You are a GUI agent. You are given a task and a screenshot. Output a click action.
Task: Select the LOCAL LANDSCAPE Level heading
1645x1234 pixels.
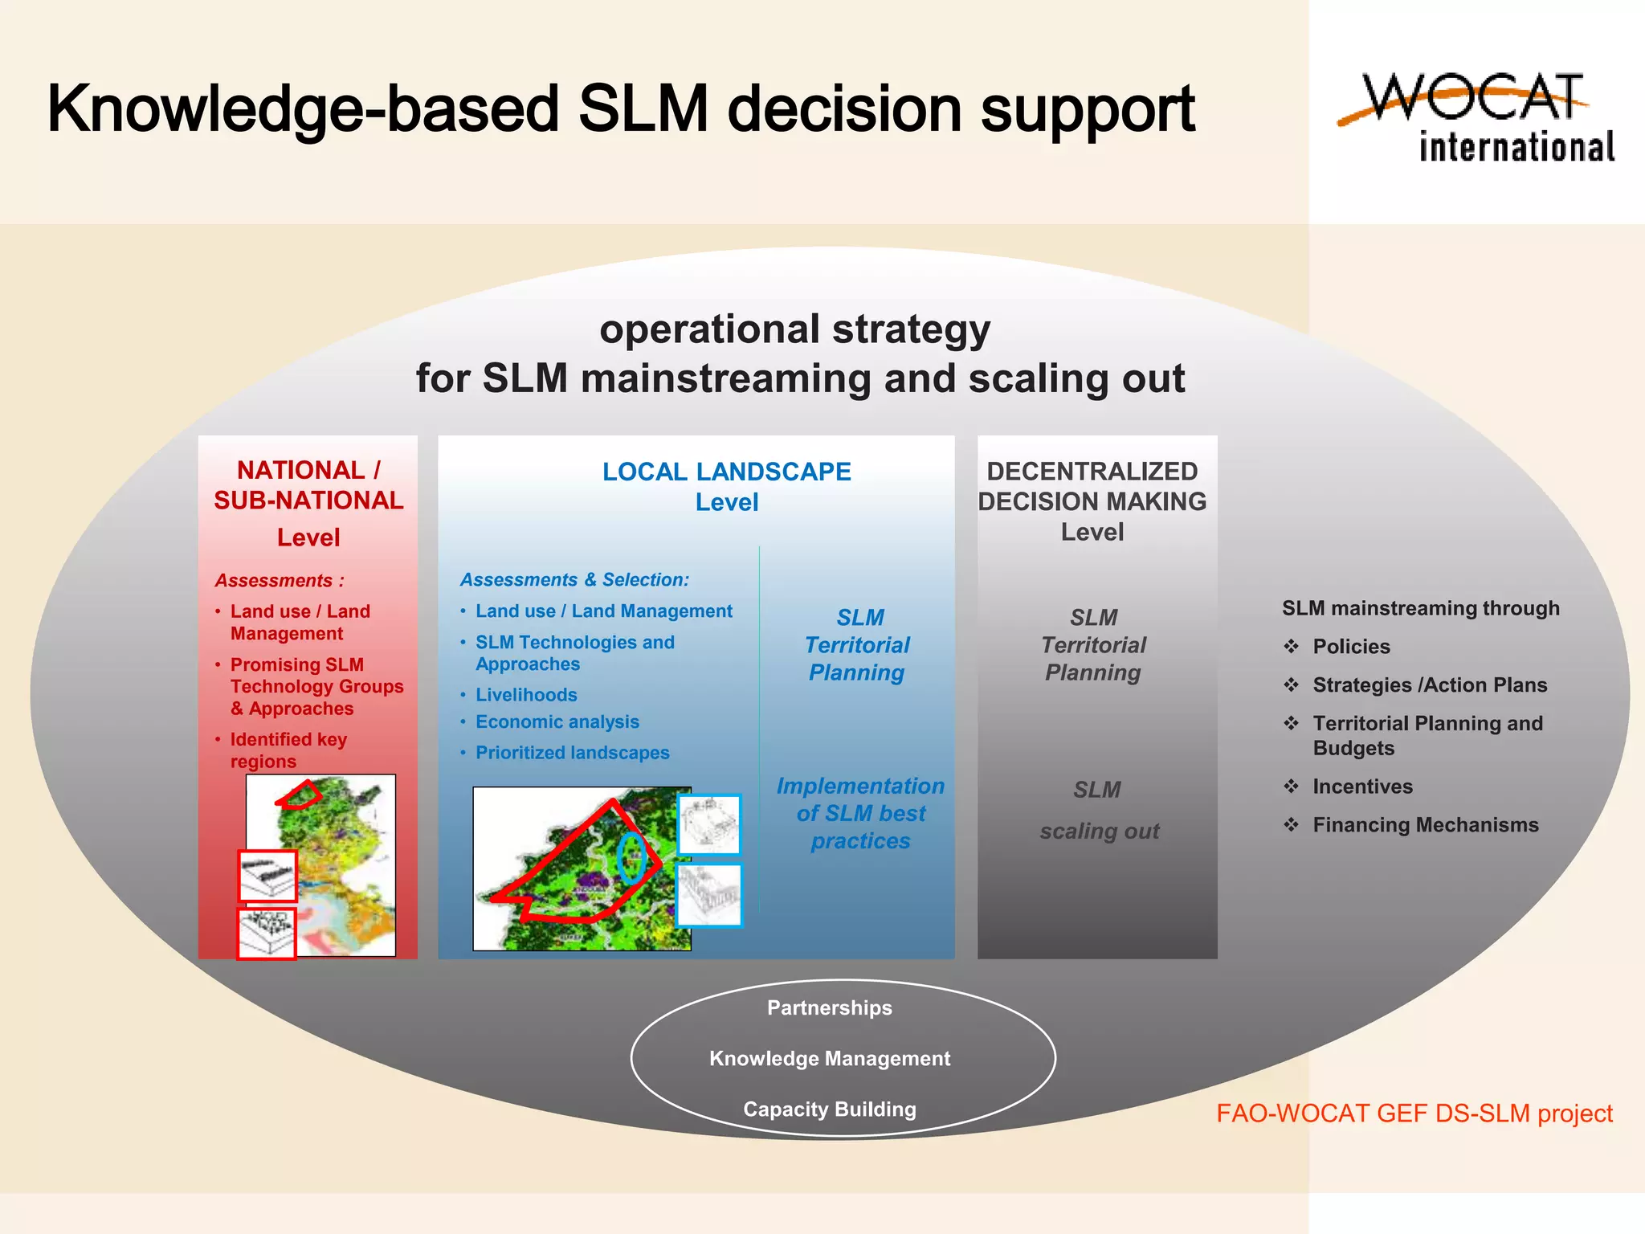coord(726,486)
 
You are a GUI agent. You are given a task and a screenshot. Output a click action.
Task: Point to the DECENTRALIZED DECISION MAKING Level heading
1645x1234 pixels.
coord(1092,501)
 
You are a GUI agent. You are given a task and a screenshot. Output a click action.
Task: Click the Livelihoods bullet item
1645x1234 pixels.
coord(526,695)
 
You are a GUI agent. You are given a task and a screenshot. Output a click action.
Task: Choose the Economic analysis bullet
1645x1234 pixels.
coord(557,722)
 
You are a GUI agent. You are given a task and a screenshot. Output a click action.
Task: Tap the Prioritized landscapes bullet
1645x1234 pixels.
coord(572,753)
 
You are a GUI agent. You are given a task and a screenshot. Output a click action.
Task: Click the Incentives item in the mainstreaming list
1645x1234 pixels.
coord(1362,787)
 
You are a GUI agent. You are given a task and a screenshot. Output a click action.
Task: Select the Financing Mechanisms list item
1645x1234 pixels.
coord(1425,825)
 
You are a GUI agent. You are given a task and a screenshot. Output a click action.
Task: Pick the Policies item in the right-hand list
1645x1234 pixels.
coord(1351,647)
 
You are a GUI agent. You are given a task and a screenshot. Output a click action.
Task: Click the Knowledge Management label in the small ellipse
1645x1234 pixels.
coord(830,1059)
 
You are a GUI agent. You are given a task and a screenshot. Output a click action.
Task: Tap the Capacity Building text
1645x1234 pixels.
coord(830,1109)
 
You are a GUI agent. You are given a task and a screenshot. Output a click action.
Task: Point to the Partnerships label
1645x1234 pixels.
coord(830,1008)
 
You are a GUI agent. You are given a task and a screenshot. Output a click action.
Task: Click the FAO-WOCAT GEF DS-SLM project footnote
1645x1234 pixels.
coord(1414,1113)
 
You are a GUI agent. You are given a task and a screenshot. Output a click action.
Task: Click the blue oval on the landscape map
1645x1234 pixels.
coord(631,857)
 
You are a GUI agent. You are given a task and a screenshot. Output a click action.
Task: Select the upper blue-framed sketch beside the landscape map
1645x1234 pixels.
coord(709,824)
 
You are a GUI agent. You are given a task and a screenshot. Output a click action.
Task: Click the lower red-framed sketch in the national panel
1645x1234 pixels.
coord(267,933)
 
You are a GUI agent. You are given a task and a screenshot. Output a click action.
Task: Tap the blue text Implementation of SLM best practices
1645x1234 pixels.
coord(860,813)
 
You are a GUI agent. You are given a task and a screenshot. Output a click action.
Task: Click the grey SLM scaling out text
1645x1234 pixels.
coord(1099,810)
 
